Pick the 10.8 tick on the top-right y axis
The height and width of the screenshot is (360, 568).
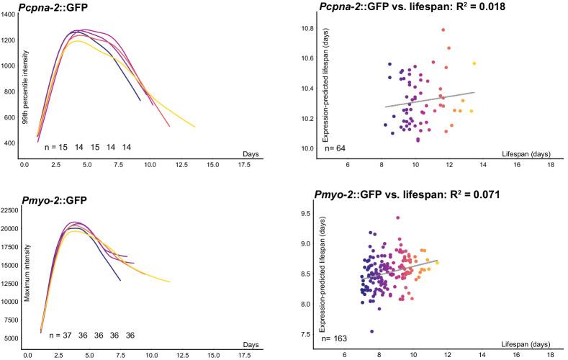[307, 28]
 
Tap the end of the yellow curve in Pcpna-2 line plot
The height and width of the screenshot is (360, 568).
[194, 127]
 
